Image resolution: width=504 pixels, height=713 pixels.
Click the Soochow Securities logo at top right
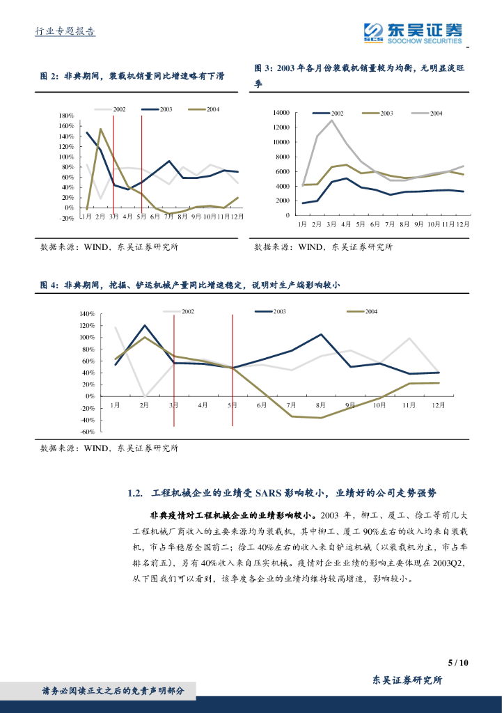click(x=413, y=32)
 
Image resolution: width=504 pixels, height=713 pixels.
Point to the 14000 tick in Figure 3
click(x=281, y=113)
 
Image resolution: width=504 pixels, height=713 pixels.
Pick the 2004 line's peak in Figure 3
click(x=332, y=120)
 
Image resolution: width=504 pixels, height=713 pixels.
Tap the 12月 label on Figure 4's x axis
click(x=438, y=405)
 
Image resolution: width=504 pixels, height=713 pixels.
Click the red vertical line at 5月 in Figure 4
click(x=233, y=369)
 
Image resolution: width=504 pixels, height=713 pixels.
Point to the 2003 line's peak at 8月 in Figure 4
click(x=321, y=334)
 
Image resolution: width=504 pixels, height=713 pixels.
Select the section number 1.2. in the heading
click(x=136, y=493)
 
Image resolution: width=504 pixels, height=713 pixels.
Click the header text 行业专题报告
click(x=65, y=31)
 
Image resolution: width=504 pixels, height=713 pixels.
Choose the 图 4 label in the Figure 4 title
click(x=48, y=284)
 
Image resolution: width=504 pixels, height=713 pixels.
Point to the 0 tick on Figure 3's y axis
click(x=286, y=215)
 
